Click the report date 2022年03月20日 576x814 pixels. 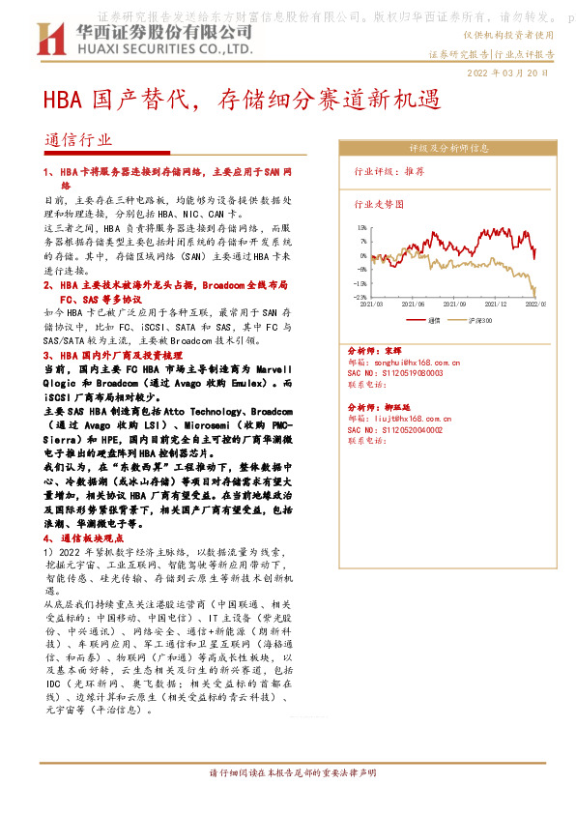[508, 73]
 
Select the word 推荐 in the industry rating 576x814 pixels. [415, 171]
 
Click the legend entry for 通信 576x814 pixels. [432, 320]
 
